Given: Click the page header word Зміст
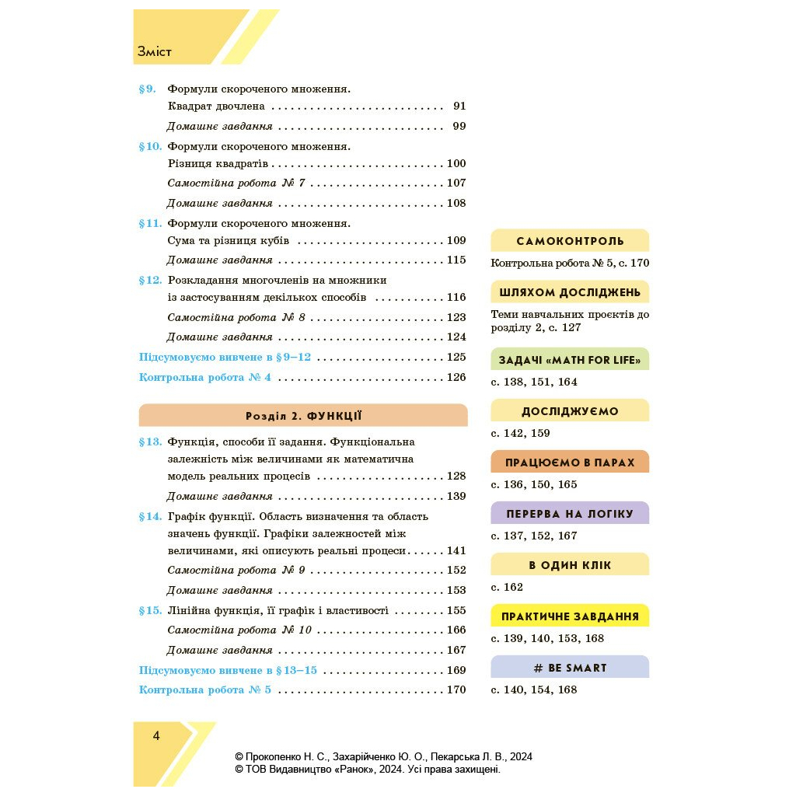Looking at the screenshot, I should (154, 52).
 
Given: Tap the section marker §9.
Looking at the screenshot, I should (148, 89).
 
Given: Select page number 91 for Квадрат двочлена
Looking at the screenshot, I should (459, 106).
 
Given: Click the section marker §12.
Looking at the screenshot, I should (150, 280).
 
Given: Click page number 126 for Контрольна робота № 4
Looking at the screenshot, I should (456, 377).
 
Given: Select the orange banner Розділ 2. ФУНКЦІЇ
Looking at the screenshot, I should (303, 416).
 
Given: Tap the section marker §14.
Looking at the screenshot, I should (150, 516).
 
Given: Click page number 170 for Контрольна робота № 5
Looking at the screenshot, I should (456, 690).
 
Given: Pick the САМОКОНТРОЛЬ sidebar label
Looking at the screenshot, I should (570, 241).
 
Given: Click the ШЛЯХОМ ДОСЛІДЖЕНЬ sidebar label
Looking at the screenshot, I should (570, 292).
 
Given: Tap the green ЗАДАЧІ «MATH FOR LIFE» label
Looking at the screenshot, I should (570, 359).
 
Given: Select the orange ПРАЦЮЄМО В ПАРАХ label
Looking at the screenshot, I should (570, 463).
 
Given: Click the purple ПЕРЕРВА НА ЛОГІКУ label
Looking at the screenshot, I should (570, 514).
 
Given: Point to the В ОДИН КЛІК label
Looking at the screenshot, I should (570, 565).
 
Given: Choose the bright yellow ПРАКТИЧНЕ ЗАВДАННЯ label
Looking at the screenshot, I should (570, 616).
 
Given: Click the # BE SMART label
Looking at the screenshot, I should (570, 668).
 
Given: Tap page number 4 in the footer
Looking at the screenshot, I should (156, 736).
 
